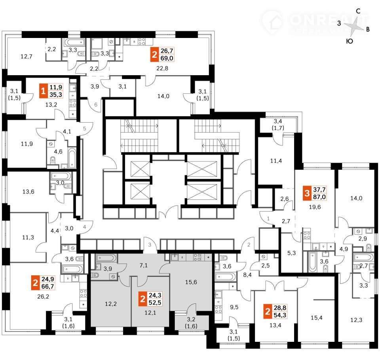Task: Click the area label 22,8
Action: pyautogui.click(x=162, y=68)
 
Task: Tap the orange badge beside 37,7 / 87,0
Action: pyautogui.click(x=307, y=193)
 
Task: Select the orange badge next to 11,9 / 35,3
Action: pyautogui.click(x=44, y=91)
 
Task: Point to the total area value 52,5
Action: pyautogui.click(x=155, y=303)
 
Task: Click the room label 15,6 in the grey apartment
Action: pyautogui.click(x=191, y=282)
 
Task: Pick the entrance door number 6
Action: pyautogui.click(x=96, y=104)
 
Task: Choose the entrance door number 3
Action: pyautogui.click(x=150, y=245)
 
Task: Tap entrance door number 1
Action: pyautogui.click(x=268, y=218)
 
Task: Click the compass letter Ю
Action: pyautogui.click(x=349, y=41)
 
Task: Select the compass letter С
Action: pyautogui.click(x=358, y=11)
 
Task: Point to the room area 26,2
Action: pyautogui.click(x=43, y=296)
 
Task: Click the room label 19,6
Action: pyautogui.click(x=315, y=207)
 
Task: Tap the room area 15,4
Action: pyautogui.click(x=317, y=318)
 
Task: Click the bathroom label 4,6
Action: pyautogui.click(x=58, y=152)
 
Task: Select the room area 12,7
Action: pyautogui.click(x=27, y=57)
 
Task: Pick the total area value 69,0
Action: pyautogui.click(x=167, y=58)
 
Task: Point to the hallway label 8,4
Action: pyautogui.click(x=247, y=275)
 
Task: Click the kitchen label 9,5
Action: pyautogui.click(x=234, y=307)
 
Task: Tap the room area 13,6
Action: pyautogui.click(x=28, y=191)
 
